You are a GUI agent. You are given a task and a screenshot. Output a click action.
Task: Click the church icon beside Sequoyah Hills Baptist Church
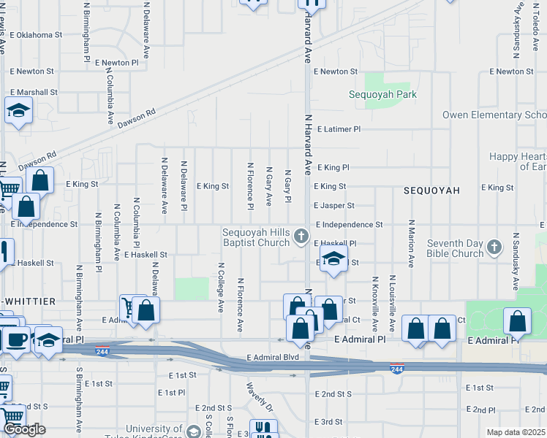pos(301,236)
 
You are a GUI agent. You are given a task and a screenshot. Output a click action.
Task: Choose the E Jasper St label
pos(334,206)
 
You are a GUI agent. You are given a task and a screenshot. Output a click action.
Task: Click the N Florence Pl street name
pos(250,186)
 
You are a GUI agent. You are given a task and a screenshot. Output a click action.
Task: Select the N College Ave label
pos(220,288)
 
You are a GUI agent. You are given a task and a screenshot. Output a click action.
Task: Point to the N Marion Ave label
pos(412,245)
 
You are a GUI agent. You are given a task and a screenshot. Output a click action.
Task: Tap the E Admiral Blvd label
pos(273,357)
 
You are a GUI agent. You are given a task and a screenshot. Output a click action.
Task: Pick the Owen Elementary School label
pos(494,115)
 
